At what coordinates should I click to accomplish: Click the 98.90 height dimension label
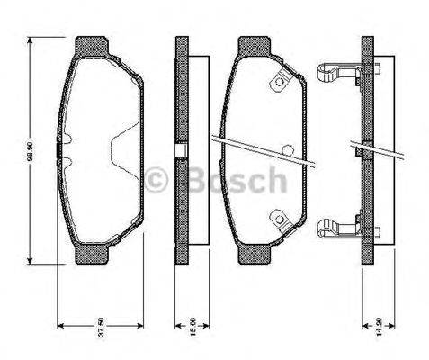[30, 154]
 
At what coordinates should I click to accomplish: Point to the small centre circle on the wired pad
[286, 150]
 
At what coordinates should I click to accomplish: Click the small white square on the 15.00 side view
[180, 150]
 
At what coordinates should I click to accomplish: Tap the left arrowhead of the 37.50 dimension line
[60, 325]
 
